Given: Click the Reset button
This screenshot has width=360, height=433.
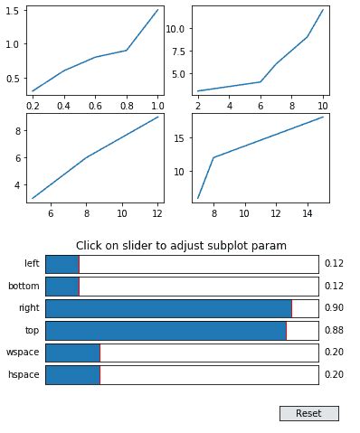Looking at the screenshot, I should pyautogui.click(x=308, y=413).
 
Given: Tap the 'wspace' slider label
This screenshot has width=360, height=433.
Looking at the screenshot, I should pyautogui.click(x=23, y=353).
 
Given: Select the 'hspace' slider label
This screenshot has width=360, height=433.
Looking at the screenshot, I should pyautogui.click(x=23, y=374).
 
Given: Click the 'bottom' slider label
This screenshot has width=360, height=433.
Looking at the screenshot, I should pyautogui.click(x=24, y=287).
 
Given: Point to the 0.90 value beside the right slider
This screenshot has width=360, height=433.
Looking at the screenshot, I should pyautogui.click(x=334, y=308).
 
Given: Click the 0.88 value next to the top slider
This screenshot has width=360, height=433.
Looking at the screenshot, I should pyautogui.click(x=334, y=331).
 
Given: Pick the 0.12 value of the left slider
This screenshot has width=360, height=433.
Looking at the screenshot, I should pyautogui.click(x=334, y=264).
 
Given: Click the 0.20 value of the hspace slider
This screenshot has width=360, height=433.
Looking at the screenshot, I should pyautogui.click(x=334, y=374).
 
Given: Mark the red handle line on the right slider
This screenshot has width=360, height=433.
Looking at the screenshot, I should pyautogui.click(x=291, y=308).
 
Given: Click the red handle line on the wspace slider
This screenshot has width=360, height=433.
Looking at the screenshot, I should pyautogui.click(x=99, y=353).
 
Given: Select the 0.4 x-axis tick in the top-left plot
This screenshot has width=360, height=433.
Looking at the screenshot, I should pyautogui.click(x=64, y=106).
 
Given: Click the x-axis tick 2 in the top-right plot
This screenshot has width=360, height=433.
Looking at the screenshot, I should pyautogui.click(x=198, y=106).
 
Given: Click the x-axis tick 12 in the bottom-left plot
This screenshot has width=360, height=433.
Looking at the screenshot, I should pyautogui.click(x=158, y=213).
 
